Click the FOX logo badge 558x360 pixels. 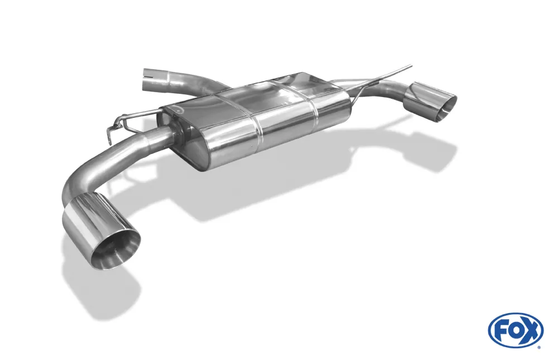[516, 330]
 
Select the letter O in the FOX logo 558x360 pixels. [514, 330]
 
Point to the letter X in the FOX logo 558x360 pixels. [531, 330]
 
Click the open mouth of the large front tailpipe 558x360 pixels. [115, 249]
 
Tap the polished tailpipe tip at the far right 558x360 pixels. [430, 102]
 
